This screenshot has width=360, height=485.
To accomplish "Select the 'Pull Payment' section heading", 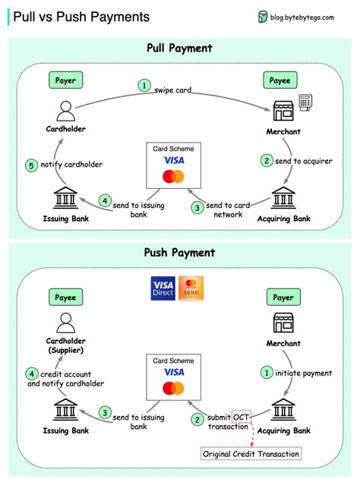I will click(x=179, y=49).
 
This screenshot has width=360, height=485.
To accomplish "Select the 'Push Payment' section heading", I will click(x=179, y=253).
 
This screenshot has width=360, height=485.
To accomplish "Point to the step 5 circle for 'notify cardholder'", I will click(x=31, y=165).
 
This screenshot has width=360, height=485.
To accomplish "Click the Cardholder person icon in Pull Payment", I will click(x=65, y=111).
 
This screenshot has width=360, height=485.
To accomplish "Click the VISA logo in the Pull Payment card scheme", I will click(x=174, y=161).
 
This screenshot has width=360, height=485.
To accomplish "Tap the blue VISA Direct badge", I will click(x=163, y=289).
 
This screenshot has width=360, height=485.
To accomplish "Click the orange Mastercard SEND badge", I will click(x=191, y=289).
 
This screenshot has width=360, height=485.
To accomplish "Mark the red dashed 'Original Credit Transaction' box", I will click(x=251, y=454).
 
